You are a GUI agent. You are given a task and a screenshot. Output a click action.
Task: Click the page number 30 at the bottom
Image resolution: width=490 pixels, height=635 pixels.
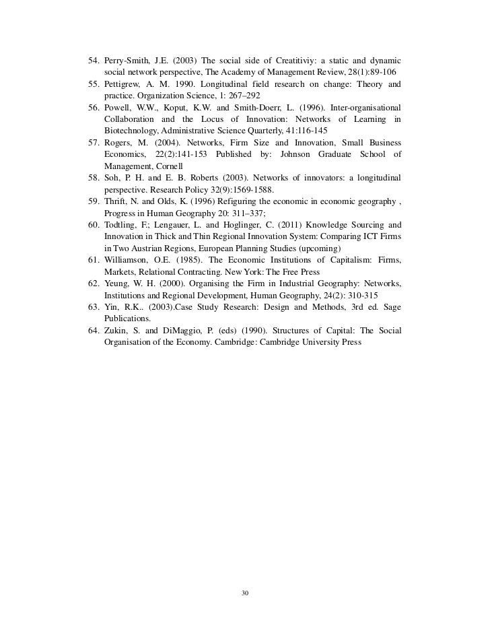tap(245, 593)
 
